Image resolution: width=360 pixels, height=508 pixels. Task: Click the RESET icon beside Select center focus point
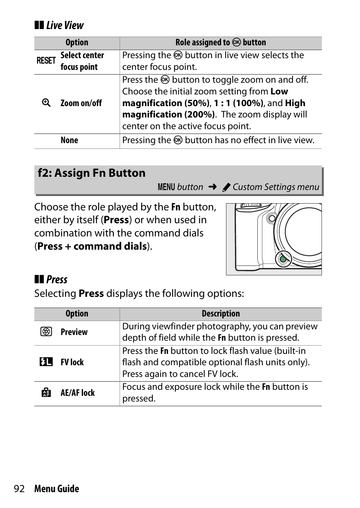pos(46,61)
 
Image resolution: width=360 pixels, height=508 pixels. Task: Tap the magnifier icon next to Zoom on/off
pos(46,103)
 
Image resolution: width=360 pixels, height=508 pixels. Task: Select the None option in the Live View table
pos(69,141)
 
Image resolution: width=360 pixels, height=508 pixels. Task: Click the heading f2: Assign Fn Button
pos(92,173)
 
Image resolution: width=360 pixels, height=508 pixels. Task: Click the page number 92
pos(19,489)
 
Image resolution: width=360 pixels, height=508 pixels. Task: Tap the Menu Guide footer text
pos(57,489)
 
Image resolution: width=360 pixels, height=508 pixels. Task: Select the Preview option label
pos(74,332)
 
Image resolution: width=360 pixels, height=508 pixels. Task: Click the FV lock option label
pos(72,363)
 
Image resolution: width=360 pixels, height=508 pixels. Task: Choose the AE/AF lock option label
pos(78,393)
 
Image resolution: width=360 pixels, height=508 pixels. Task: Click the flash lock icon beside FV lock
pos(46,362)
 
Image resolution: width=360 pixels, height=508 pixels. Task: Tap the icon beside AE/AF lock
pos(46,393)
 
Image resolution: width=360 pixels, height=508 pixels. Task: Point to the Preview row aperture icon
pos(46,332)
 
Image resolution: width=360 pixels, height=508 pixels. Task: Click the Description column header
pos(221,314)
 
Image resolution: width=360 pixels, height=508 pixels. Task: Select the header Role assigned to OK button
pos(221,43)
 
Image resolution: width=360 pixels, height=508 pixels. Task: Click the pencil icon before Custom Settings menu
pos(226,187)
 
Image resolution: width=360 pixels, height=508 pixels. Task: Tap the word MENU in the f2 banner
pos(166,187)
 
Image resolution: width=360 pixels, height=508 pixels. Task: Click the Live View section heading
pos(65,26)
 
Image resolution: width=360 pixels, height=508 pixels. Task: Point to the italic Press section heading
pos(57,280)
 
